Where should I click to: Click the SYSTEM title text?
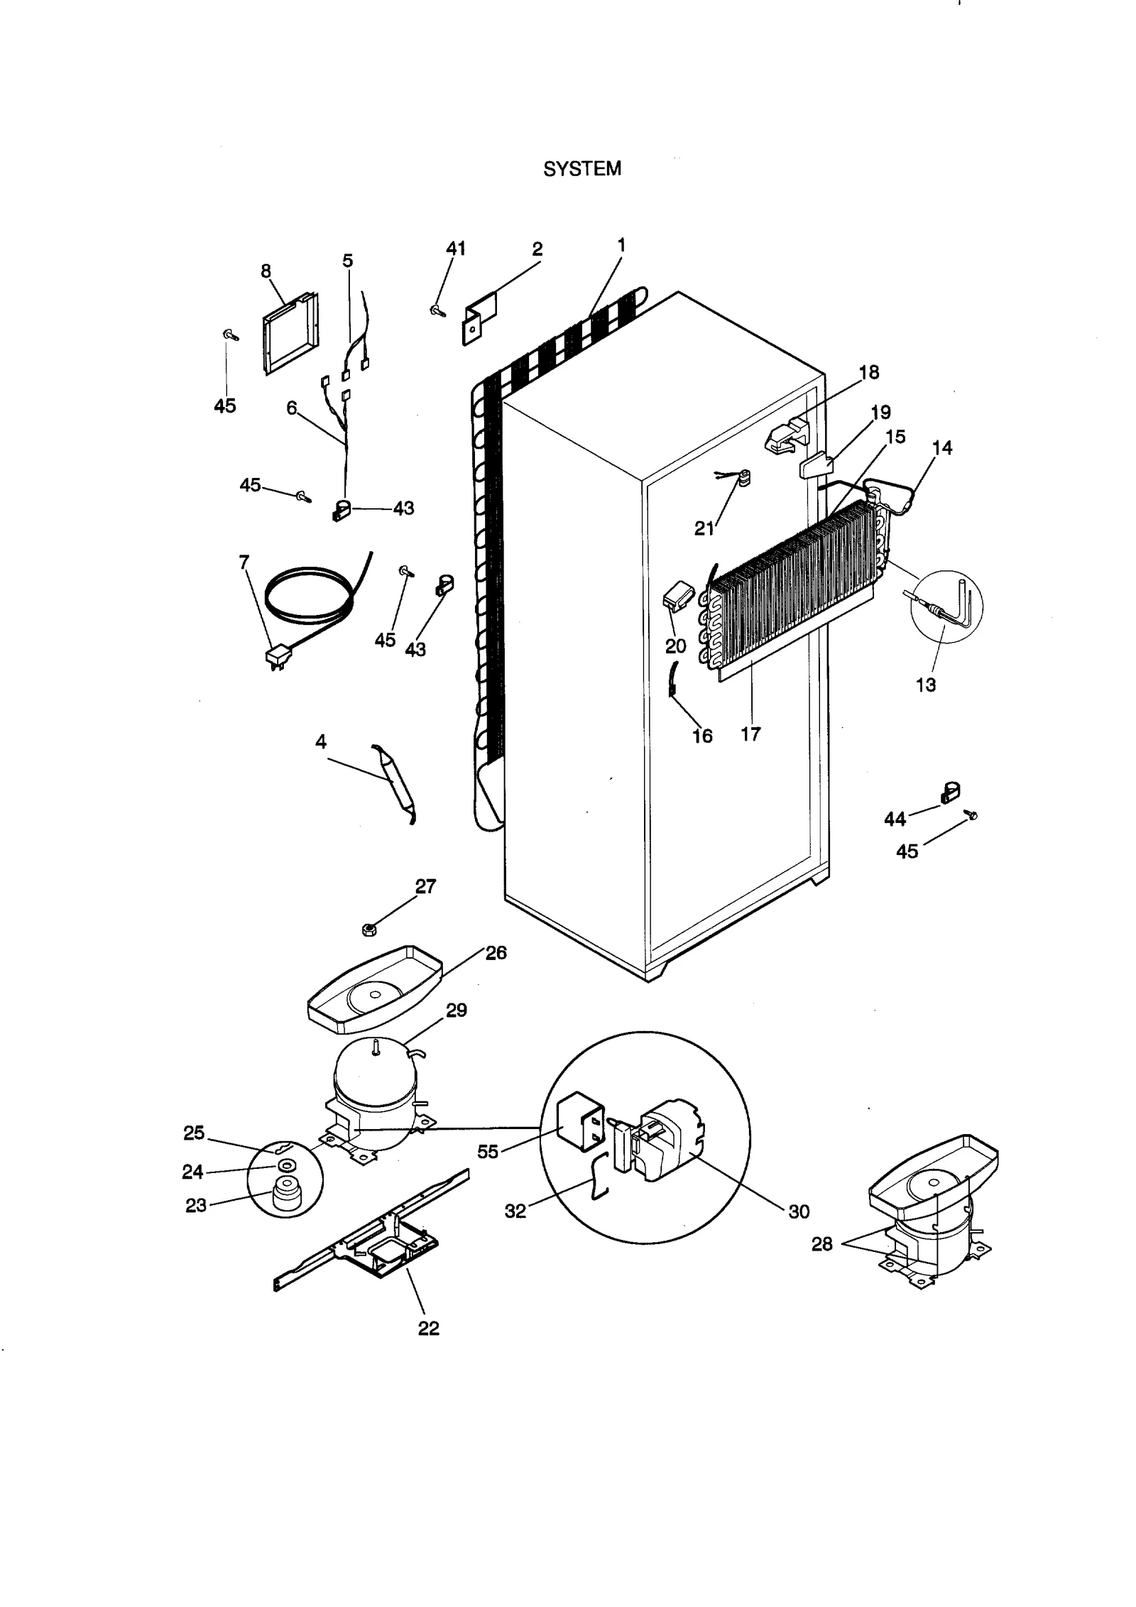(581, 168)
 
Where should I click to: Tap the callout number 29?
(456, 1010)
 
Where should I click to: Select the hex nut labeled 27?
(368, 930)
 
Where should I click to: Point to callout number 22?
(428, 1328)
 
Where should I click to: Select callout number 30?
(799, 1211)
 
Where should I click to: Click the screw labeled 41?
(437, 310)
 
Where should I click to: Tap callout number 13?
(925, 685)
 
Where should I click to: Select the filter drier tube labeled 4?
(394, 783)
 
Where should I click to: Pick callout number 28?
(821, 1244)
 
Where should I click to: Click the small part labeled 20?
(674, 599)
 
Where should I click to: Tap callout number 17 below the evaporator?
(750, 734)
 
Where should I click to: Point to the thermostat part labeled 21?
(743, 480)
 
